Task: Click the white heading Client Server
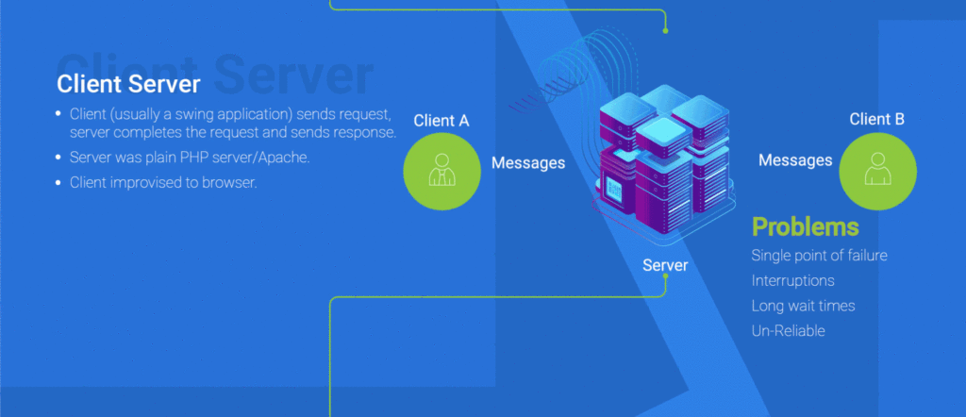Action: (x=128, y=84)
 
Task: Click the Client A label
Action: (x=441, y=120)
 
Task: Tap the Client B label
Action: (x=876, y=119)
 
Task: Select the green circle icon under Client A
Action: (x=441, y=170)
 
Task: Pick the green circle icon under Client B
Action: (x=877, y=170)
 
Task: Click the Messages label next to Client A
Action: (x=528, y=163)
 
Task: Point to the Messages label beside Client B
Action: (x=795, y=160)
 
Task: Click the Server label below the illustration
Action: (x=665, y=265)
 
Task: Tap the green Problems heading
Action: (x=805, y=226)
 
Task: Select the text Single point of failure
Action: (x=819, y=256)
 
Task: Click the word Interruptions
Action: (x=792, y=280)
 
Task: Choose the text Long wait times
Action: (x=803, y=306)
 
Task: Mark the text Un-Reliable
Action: (x=788, y=331)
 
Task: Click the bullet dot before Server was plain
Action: (x=59, y=158)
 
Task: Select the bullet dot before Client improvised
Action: (x=59, y=183)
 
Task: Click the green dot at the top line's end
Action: (x=665, y=30)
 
